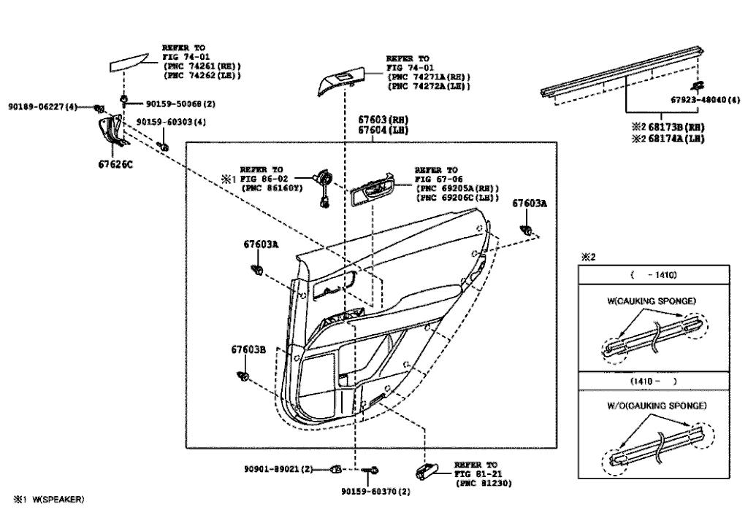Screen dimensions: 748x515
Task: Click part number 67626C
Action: [x=115, y=164]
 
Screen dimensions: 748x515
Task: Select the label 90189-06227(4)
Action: [x=42, y=107]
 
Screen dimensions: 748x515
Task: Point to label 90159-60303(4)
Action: [x=171, y=122]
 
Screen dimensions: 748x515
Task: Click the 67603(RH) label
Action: [x=383, y=120]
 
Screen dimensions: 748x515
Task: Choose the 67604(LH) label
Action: [x=383, y=130]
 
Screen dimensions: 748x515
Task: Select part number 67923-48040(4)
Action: [x=706, y=99]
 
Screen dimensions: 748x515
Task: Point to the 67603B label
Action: [x=248, y=349]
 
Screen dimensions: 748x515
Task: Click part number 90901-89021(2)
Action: [x=278, y=469]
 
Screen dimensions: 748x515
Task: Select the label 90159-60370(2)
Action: [x=376, y=491]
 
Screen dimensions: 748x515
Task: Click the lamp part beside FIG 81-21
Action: [x=427, y=471]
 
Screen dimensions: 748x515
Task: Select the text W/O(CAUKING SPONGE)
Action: [x=657, y=406]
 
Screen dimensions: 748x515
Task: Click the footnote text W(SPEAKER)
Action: [x=58, y=499]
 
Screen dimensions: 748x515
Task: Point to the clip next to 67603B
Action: [x=243, y=377]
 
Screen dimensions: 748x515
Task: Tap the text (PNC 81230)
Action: [x=484, y=483]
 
